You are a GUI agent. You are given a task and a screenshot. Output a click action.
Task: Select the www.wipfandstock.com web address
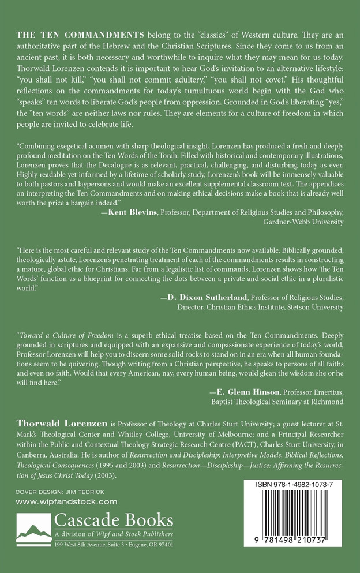(66, 502)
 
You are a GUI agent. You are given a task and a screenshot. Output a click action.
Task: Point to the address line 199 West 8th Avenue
(94, 544)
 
